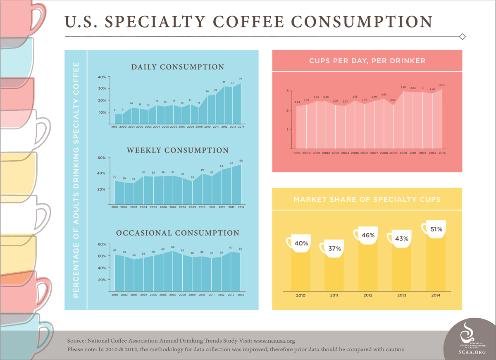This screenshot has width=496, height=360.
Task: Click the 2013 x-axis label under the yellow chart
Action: pos(402,296)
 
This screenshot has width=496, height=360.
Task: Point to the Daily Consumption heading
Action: pos(177,67)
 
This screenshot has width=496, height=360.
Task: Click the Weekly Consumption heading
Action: pos(177,150)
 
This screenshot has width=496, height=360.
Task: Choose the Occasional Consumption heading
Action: pos(177,233)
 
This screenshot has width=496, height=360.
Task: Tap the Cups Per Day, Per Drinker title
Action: pos(367,61)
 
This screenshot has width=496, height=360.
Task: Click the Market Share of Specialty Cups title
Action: pos(367,199)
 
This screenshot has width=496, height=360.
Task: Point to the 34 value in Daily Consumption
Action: pos(241,79)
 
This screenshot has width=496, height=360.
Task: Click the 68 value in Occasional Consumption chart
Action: pos(173,247)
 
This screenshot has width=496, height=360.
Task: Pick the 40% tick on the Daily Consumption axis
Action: pos(102,77)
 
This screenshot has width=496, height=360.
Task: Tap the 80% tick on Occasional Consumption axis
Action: pos(102,244)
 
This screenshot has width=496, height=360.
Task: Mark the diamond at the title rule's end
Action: pos(463,37)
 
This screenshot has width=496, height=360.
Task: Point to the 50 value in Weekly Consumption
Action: pos(241,161)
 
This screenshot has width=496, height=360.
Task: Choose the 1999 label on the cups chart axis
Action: pos(296,153)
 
